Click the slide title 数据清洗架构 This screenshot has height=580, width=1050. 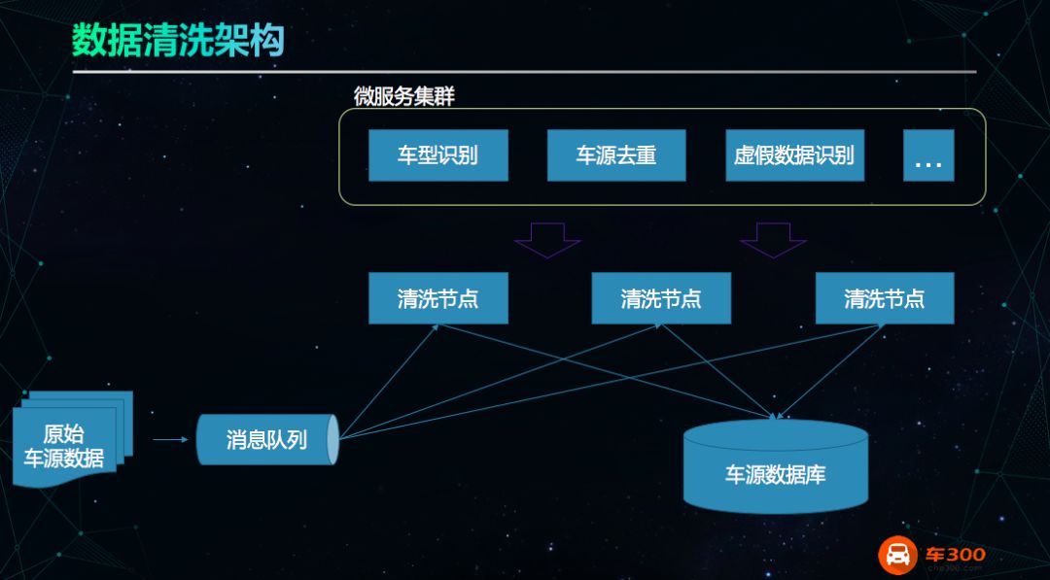point(178,40)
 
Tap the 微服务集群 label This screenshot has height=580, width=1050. point(404,96)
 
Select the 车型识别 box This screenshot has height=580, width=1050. point(437,155)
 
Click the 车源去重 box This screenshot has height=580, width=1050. point(616,155)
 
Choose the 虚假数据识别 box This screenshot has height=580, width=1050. point(795,155)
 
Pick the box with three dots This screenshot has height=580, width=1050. point(928,155)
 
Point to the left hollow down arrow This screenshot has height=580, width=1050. point(547,240)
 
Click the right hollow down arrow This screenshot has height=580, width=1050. point(773,240)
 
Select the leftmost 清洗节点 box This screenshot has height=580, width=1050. point(437,297)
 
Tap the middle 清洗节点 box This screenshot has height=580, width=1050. point(661,297)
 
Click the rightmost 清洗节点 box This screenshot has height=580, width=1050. point(885,297)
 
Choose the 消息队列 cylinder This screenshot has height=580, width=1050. point(267,439)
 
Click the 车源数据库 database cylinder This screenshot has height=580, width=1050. point(776,466)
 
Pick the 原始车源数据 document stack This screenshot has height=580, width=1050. point(72,438)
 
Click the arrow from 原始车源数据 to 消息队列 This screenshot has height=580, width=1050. point(170,439)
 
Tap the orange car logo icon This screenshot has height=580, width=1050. point(897,556)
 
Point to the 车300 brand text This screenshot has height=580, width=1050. point(956,555)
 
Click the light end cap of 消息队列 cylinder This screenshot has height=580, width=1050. point(332,439)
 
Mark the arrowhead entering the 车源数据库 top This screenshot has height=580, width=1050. point(775,416)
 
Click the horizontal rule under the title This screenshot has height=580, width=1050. point(524,72)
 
